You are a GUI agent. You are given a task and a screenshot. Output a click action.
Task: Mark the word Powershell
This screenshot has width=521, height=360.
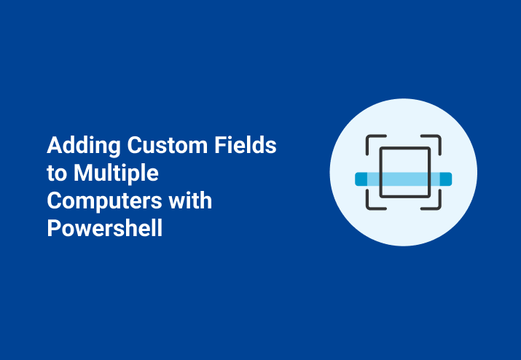[105, 229]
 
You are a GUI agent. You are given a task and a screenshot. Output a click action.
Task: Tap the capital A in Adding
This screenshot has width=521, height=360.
[54, 146]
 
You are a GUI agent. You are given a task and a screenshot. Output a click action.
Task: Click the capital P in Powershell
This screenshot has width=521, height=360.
[53, 228]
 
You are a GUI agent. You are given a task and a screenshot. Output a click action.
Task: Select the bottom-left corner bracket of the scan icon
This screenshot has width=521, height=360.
[371, 203]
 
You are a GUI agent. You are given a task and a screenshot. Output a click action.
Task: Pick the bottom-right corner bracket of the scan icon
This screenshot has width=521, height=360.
[436, 203]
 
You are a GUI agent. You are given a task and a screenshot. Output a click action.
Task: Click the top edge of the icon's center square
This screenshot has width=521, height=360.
[404, 149]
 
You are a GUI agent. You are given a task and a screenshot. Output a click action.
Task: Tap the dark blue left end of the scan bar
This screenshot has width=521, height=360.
[360, 179]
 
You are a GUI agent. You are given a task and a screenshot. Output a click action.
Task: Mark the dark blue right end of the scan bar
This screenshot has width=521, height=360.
[446, 179]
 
